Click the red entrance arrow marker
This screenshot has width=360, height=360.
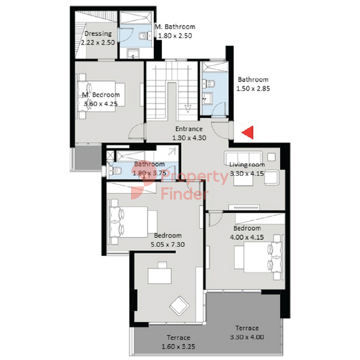pos(249,132)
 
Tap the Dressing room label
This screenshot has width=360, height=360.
pos(98,34)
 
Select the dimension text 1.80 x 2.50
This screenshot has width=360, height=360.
pos(175,36)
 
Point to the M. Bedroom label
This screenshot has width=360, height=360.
pos(101,95)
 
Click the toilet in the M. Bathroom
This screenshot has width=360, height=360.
pos(145,36)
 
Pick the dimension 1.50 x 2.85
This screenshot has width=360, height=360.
pos(253,89)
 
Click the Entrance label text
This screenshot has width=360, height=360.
pos(189,129)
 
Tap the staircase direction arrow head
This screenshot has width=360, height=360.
pos(188,109)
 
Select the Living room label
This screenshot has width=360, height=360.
pos(247,164)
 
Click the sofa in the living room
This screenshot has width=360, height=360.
pos(243,158)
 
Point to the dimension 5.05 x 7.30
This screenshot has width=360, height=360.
pos(168,245)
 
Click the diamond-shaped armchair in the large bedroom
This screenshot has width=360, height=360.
pos(179,306)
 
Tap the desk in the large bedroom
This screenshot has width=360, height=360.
pos(160,276)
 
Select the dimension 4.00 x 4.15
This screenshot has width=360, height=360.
pos(247,237)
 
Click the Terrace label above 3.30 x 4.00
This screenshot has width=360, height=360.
pos(247,328)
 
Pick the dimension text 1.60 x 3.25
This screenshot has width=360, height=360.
pos(178,346)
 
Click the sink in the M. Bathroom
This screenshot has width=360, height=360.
pos(133,53)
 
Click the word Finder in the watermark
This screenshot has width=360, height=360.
pos(184,194)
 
